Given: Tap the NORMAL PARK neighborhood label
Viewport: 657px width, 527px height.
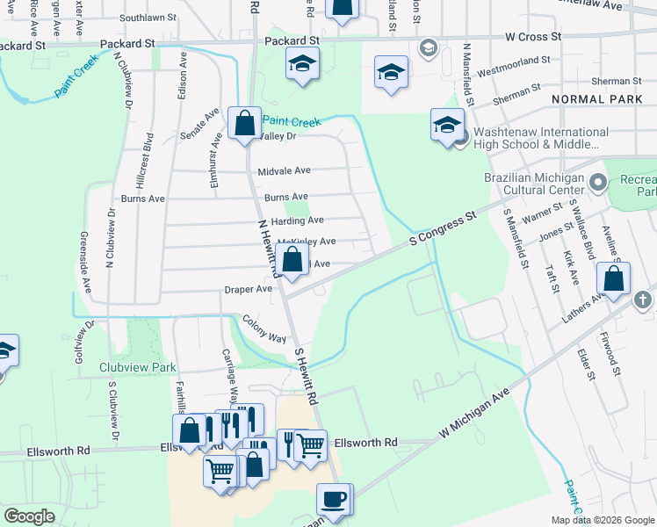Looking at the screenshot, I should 597,100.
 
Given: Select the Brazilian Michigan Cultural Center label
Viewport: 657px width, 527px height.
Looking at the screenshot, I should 534,184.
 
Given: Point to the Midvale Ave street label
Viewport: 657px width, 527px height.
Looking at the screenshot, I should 284,171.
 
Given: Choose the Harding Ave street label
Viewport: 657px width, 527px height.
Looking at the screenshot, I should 297,220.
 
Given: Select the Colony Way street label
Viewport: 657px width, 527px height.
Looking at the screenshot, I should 264,330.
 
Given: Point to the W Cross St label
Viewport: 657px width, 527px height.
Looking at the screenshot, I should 533,37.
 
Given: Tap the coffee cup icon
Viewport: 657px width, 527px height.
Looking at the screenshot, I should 333,500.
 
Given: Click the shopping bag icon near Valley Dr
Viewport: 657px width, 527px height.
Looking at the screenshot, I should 244,123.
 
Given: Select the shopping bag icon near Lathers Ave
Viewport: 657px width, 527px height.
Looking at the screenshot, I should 614,278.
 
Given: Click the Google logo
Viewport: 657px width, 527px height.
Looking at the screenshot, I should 30,516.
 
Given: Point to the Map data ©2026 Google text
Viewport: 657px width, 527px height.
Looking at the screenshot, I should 602,520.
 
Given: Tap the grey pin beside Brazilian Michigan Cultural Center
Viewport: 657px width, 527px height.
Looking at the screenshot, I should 599,183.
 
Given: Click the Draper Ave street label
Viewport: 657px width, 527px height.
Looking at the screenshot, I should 249,288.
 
